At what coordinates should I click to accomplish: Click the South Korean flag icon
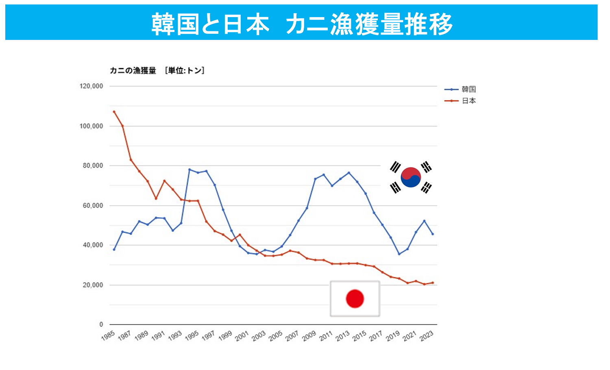(x=411, y=177)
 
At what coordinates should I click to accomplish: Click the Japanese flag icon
(x=355, y=298)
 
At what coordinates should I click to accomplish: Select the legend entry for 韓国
(x=468, y=89)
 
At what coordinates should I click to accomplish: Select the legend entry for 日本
(x=468, y=101)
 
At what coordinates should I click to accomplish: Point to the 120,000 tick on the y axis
(x=91, y=86)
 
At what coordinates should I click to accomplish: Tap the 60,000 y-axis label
(x=93, y=206)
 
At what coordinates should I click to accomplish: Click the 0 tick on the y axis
(x=101, y=324)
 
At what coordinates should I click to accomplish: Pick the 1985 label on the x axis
(x=108, y=336)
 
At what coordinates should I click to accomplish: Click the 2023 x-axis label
(x=427, y=336)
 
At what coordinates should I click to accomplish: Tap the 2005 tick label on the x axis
(x=276, y=336)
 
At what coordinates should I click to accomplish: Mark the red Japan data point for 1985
(x=114, y=111)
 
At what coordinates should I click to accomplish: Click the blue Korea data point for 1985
(x=114, y=249)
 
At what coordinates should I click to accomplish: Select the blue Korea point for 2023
(x=433, y=234)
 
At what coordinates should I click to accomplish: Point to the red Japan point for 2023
(x=433, y=283)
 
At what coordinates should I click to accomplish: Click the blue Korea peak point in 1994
(x=190, y=170)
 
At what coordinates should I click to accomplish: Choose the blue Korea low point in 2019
(x=399, y=254)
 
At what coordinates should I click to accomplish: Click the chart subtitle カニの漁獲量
(x=133, y=71)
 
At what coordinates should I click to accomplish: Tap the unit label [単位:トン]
(x=185, y=71)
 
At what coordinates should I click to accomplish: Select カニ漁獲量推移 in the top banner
(x=369, y=24)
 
